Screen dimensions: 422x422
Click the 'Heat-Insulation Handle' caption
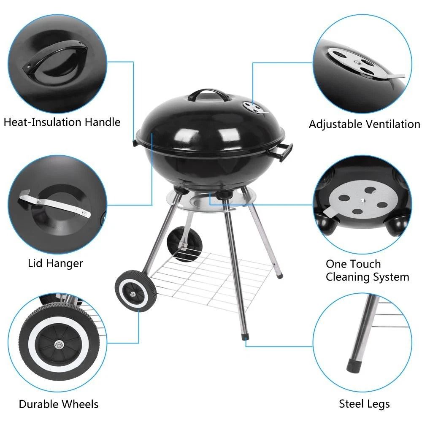(x=62, y=122)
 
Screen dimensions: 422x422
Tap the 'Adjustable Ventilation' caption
(x=364, y=124)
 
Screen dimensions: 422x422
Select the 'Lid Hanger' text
(x=55, y=263)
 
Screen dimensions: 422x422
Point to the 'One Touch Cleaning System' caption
(x=367, y=271)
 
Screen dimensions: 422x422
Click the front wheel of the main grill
(x=135, y=292)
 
